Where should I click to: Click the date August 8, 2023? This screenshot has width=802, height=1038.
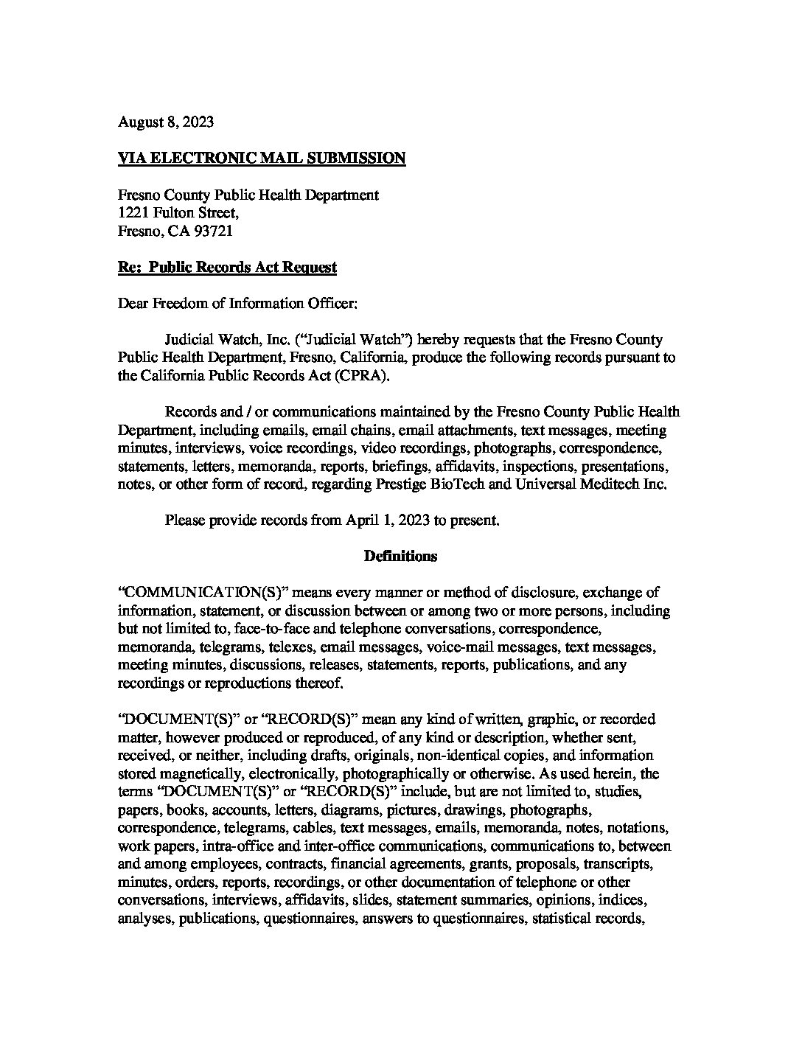[166, 122]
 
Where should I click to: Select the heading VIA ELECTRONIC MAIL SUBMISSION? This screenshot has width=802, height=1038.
[262, 159]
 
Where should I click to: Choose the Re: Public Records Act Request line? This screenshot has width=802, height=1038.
[227, 268]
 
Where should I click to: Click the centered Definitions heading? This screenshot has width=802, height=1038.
[400, 557]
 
